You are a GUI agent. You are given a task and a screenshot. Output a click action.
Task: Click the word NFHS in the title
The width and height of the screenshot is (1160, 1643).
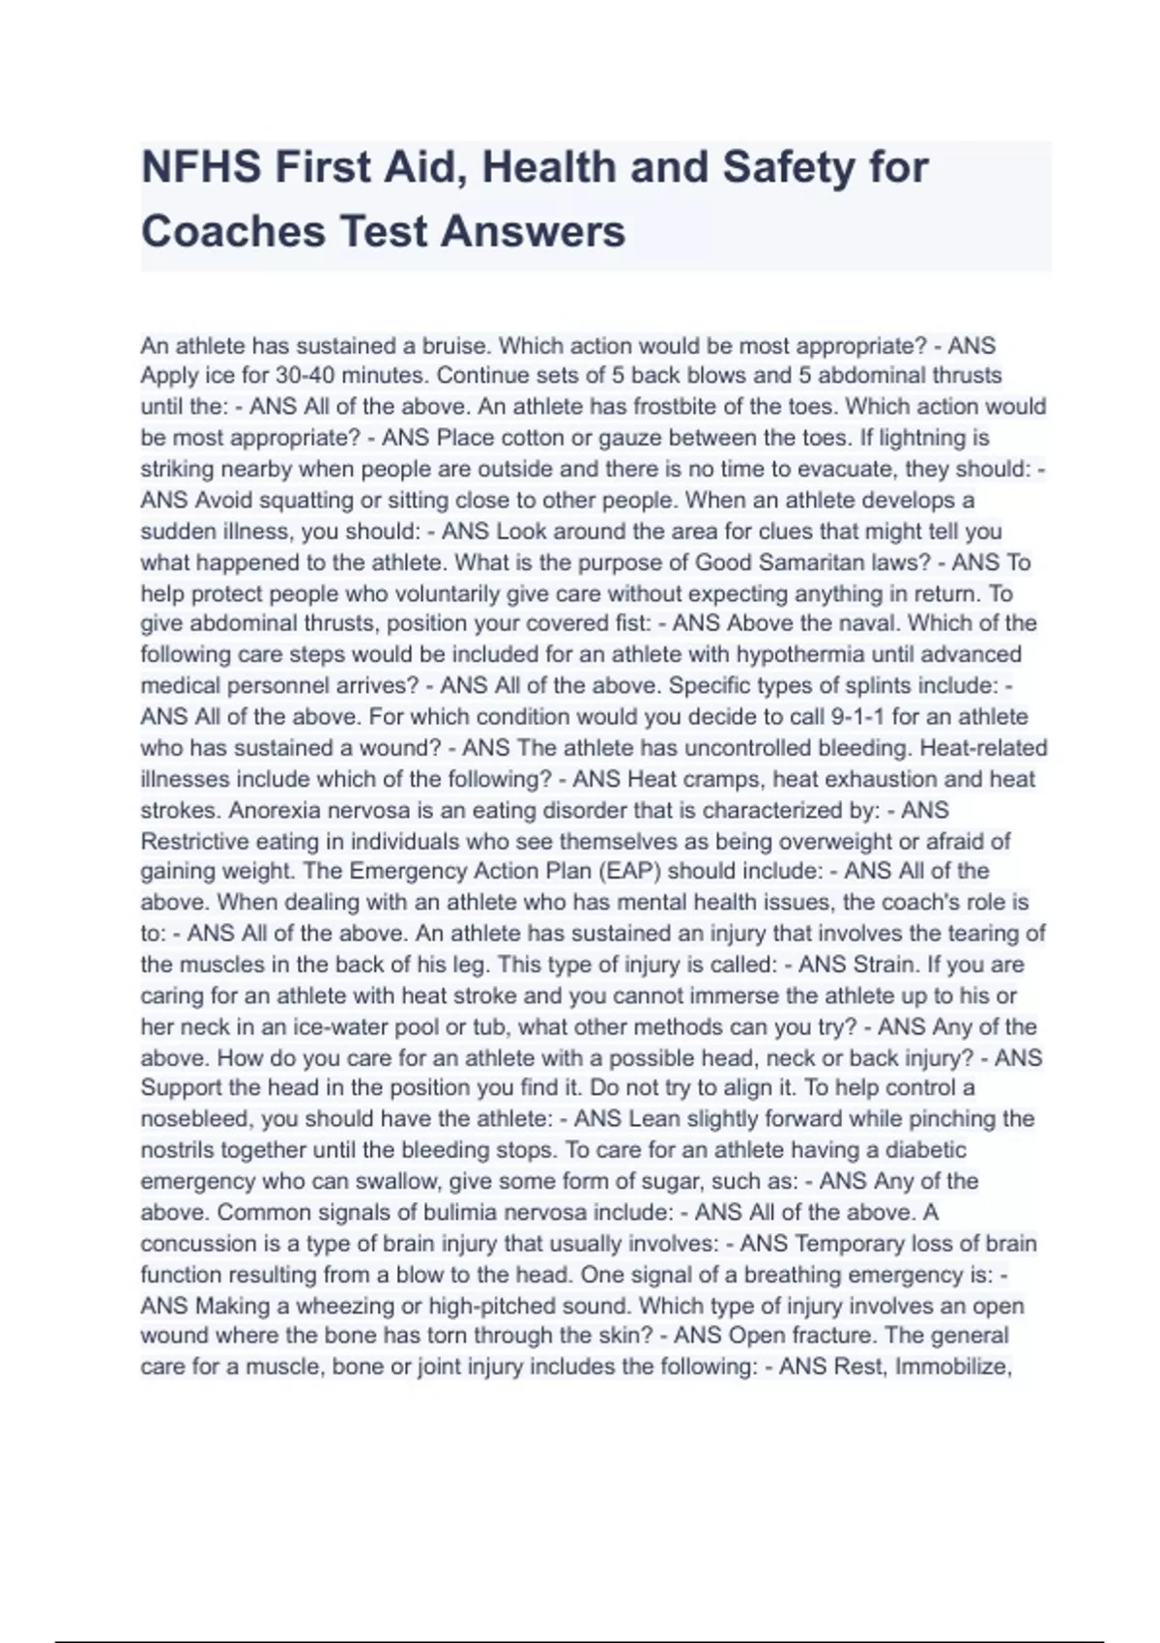201,167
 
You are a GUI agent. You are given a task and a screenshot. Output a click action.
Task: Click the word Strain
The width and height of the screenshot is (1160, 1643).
884,965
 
